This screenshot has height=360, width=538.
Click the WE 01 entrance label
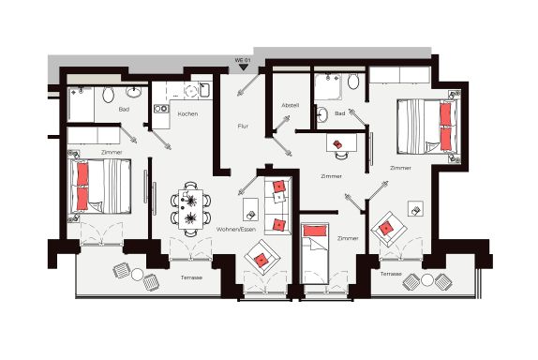click(243, 60)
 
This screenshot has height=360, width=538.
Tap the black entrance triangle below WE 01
click(244, 67)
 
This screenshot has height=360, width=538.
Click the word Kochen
click(187, 113)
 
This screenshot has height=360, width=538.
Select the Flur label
click(243, 126)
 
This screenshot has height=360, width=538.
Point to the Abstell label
click(291, 105)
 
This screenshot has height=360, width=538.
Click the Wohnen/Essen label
click(236, 229)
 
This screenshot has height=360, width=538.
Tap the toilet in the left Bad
click(108, 95)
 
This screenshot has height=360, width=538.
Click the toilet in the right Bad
click(353, 82)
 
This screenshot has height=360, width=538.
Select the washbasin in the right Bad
click(321, 114)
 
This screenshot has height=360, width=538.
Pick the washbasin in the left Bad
click(133, 91)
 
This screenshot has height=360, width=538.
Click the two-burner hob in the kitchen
click(161, 109)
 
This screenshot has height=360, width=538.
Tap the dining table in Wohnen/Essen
click(190, 209)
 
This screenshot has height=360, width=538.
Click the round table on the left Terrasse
click(137, 274)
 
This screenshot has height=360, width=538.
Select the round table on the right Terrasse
click(427, 280)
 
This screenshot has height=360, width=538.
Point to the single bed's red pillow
click(315, 231)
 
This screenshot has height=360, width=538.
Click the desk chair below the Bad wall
click(341, 155)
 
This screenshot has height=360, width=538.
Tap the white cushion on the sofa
click(279, 197)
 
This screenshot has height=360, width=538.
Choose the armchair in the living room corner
click(262, 258)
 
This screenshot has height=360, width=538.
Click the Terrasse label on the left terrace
click(191, 277)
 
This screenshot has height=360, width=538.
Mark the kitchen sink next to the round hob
click(204, 90)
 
